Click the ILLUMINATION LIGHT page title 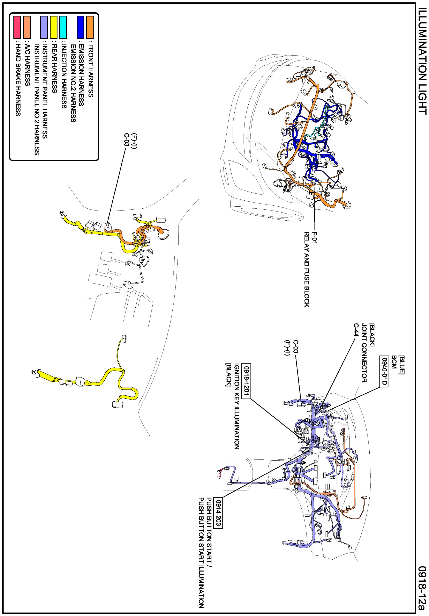422,61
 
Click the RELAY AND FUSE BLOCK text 307,270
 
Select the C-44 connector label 356,330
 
